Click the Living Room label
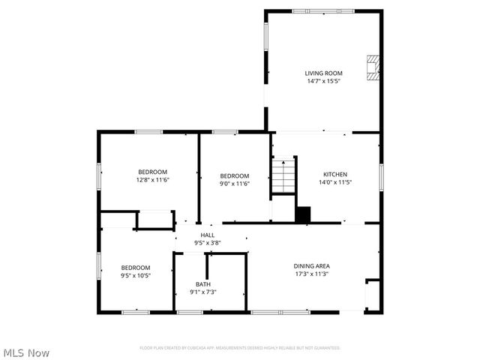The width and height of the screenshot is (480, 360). (x=322, y=73)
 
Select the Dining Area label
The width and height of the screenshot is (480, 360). (x=312, y=265)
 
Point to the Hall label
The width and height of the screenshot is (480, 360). (x=207, y=235)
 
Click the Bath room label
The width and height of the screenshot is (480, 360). (x=203, y=284)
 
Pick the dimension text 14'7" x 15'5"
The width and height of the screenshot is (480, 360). (x=322, y=81)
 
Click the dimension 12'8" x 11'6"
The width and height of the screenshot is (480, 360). (x=152, y=180)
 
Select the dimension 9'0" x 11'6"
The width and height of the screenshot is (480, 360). (x=234, y=184)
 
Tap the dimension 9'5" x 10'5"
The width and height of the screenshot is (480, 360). (x=136, y=275)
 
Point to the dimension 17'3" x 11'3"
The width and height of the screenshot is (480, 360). (x=312, y=274)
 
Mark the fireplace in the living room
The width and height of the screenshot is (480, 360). (x=373, y=68)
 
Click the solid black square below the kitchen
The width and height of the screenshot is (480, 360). (x=303, y=214)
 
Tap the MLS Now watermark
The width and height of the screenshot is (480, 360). (x=26, y=352)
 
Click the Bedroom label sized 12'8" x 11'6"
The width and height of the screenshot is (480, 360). (x=152, y=172)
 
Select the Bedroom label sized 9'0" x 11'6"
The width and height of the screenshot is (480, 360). (x=234, y=175)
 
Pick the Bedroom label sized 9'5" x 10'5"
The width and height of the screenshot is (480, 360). (x=136, y=267)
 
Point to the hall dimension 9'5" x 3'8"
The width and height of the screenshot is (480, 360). (x=207, y=242)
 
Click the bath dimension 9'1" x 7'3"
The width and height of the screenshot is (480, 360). (x=203, y=292)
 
